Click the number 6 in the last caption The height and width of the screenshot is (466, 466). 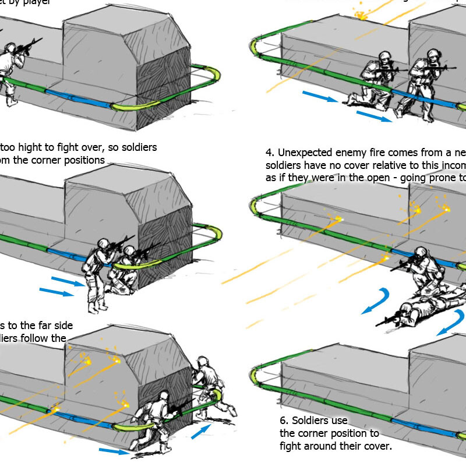[x=283, y=421]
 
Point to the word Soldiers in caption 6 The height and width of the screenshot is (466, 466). [x=314, y=421]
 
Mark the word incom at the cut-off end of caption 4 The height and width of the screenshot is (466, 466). [x=452, y=166]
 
